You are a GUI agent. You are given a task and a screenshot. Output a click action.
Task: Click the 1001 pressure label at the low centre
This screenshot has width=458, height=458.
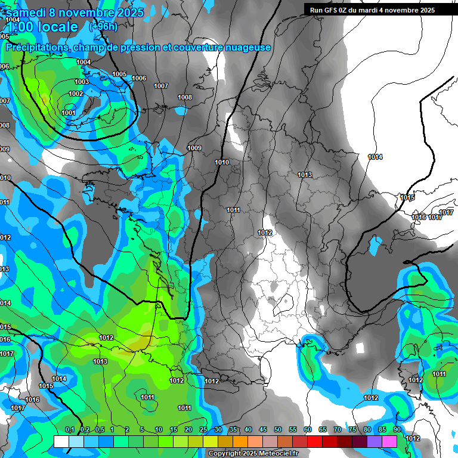tap(68, 113)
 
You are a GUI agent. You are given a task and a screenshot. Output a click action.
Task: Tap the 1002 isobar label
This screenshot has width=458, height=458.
tap(76, 94)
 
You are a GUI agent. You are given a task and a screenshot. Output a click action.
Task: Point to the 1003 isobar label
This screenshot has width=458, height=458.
tap(82, 82)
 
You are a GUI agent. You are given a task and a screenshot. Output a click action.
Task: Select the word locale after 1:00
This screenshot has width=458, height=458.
tap(56, 27)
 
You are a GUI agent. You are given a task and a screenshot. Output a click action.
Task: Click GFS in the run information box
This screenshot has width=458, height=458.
tap(332, 10)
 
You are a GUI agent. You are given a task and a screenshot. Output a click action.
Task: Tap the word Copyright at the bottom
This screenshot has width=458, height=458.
tap(225, 453)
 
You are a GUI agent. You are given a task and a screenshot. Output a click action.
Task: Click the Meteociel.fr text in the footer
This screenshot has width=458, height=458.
tap(280, 453)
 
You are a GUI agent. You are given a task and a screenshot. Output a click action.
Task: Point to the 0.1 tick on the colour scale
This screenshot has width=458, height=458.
tap(69, 430)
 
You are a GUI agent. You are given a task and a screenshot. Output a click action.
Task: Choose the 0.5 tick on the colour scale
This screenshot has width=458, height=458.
tap(99, 430)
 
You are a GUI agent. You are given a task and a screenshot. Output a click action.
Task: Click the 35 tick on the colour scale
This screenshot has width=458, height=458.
tap(233, 430)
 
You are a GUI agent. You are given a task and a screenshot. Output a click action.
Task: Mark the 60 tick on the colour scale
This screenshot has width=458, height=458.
tap(308, 430)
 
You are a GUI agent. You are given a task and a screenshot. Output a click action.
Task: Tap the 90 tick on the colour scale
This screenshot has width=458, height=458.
tap(397, 430)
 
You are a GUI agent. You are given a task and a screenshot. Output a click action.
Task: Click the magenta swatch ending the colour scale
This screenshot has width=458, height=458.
tap(389, 441)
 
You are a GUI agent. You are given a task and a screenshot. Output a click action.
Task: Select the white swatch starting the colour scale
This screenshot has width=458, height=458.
tap(61, 441)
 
